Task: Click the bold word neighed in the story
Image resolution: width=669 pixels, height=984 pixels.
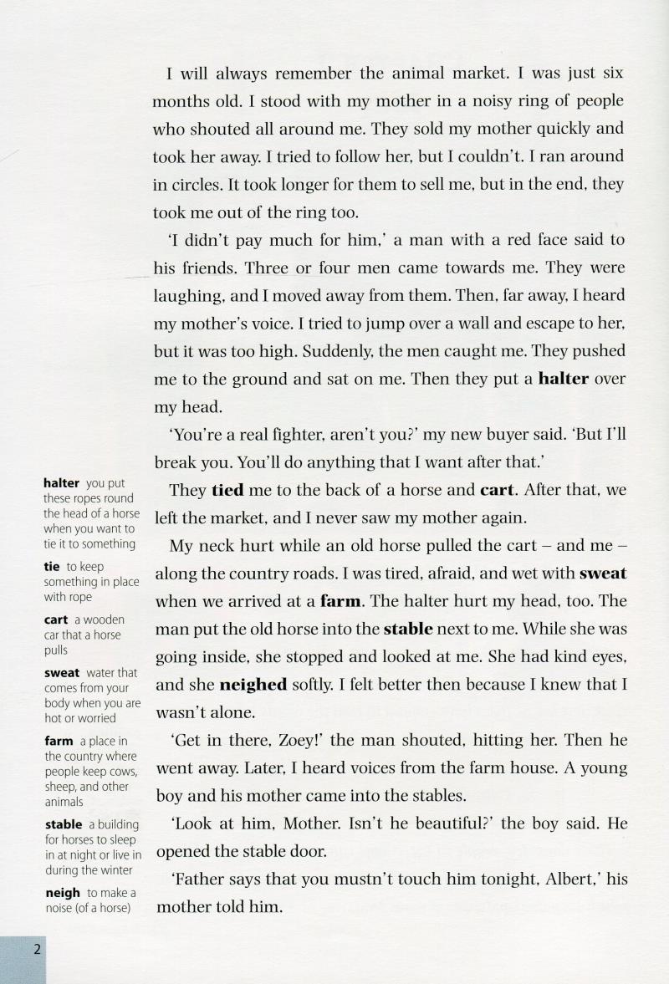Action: point(253,685)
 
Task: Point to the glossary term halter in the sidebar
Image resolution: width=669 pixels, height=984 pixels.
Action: point(61,483)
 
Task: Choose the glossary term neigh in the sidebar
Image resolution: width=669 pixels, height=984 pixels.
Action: point(63,894)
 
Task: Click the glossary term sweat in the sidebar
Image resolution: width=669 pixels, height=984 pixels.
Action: point(62,672)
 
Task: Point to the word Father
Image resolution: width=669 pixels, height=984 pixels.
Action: point(197,880)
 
